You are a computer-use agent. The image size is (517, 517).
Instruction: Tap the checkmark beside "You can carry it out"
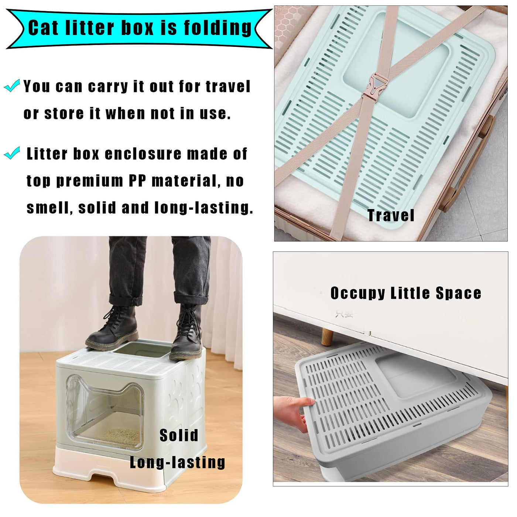pos(12,86)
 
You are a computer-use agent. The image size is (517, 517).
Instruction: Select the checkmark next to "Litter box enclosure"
pos(12,153)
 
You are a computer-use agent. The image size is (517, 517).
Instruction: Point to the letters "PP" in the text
pos(137,181)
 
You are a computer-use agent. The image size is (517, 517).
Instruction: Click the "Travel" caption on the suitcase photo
pos(391,215)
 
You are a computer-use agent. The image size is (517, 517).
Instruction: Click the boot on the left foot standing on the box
pos(113,329)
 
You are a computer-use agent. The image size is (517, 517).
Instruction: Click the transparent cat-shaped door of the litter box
pos(105,413)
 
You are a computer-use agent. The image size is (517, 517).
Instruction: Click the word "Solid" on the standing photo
pos(179,435)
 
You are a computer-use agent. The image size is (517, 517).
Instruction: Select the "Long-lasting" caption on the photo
pos(178,462)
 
